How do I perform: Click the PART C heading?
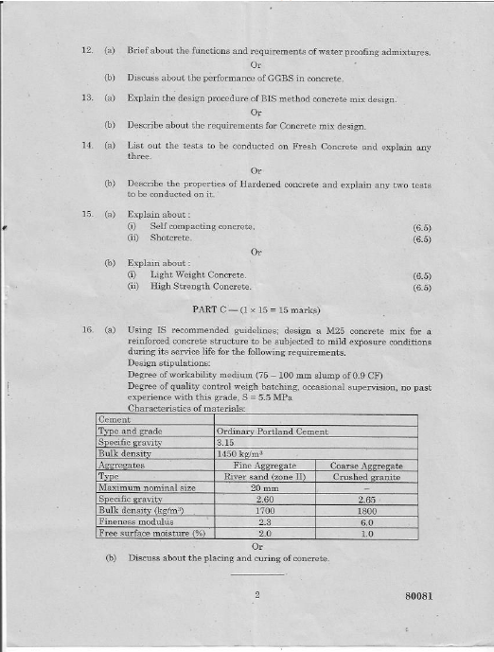(x=256, y=309)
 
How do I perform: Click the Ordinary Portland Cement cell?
(x=273, y=432)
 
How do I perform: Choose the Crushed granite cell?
(x=367, y=477)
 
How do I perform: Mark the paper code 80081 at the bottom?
(x=416, y=597)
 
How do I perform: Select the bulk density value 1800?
(x=367, y=510)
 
